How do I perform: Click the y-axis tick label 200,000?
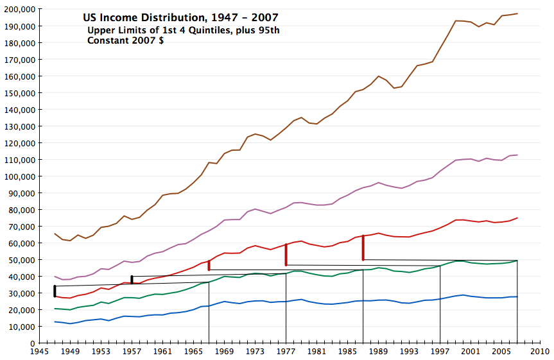[x=19, y=10]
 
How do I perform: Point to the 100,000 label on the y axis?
[x=19, y=176]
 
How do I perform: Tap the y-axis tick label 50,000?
[x=21, y=260]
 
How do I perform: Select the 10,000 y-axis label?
[x=21, y=327]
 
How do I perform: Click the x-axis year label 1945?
[x=39, y=352]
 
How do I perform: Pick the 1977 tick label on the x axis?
[x=286, y=352]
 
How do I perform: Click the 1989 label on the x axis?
[x=378, y=352]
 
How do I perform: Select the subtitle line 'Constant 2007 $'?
[x=125, y=40]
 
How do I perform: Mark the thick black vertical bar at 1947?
[x=55, y=291]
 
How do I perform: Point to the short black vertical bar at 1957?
[x=132, y=279]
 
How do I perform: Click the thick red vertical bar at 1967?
[x=209, y=265]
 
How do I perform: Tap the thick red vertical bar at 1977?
[x=286, y=254]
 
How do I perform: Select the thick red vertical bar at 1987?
[x=363, y=248]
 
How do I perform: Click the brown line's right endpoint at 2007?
[x=517, y=13]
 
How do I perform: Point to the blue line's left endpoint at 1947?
[x=55, y=321]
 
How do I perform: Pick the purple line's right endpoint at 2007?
[x=517, y=155]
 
